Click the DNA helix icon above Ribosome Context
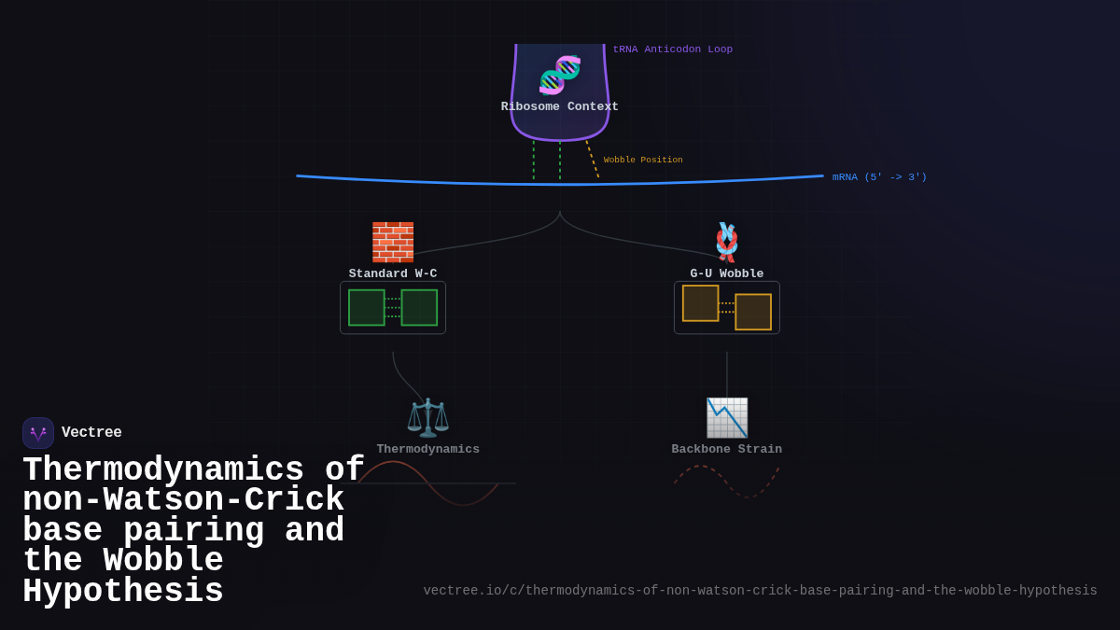point(560,75)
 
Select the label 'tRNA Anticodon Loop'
point(672,49)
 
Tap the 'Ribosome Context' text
point(559,106)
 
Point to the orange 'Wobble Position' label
point(643,161)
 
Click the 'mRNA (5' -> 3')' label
point(879,177)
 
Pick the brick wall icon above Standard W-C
point(393,242)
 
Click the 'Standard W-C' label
point(393,273)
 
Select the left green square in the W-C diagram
point(367,308)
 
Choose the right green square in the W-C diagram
point(419,308)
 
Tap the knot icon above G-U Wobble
point(727,242)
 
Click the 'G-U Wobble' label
point(727,273)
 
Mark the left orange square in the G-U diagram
point(701,303)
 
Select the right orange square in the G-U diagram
point(753,312)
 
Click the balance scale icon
point(428,417)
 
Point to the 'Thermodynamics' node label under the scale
point(428,449)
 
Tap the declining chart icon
point(727,417)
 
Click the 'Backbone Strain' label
point(727,449)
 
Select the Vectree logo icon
point(38,433)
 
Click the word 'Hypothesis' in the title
point(123,592)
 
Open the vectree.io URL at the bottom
point(760,591)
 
